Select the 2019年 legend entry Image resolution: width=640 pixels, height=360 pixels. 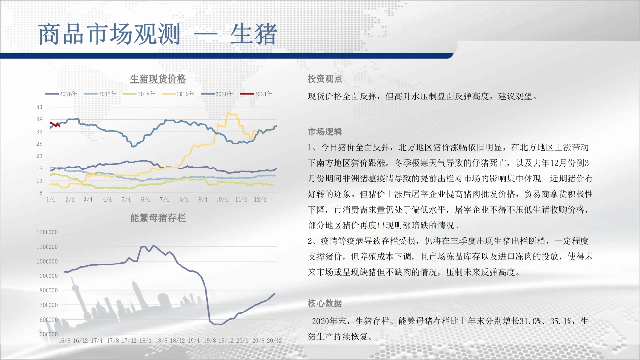point(178,94)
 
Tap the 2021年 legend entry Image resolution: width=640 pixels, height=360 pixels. point(256,94)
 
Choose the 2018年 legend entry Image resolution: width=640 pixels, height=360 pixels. point(139,94)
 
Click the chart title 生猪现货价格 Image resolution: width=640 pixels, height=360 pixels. point(157,79)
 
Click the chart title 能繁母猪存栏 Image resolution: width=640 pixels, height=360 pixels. point(157,218)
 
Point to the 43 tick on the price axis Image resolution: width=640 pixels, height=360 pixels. point(39,107)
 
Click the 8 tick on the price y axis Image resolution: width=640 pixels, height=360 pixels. point(41,193)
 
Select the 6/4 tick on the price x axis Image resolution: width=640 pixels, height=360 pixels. point(145,199)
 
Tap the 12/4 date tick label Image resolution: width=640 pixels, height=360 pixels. point(260,199)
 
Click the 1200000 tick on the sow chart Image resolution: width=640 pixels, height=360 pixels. point(47,232)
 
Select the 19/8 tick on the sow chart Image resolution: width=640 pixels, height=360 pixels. point(210,341)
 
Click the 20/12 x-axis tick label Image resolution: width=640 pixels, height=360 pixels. point(275,341)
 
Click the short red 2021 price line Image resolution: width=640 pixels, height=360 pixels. point(55,125)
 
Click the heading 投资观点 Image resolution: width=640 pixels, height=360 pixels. point(325,79)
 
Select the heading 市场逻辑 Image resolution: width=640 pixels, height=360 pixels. point(325,132)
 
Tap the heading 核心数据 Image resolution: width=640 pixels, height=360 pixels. point(325,303)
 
